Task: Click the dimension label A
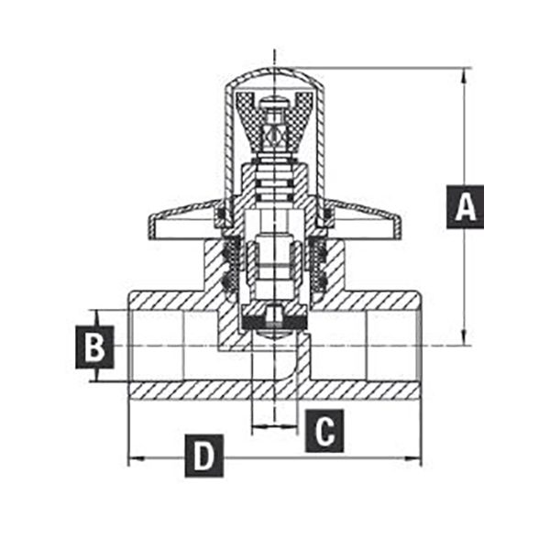point(465,207)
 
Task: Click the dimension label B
point(94,346)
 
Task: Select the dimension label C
point(324,431)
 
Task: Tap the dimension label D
point(204,456)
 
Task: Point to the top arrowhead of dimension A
point(465,75)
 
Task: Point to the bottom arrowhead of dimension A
point(465,337)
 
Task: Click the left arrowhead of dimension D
point(136,458)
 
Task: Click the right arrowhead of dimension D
point(413,458)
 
